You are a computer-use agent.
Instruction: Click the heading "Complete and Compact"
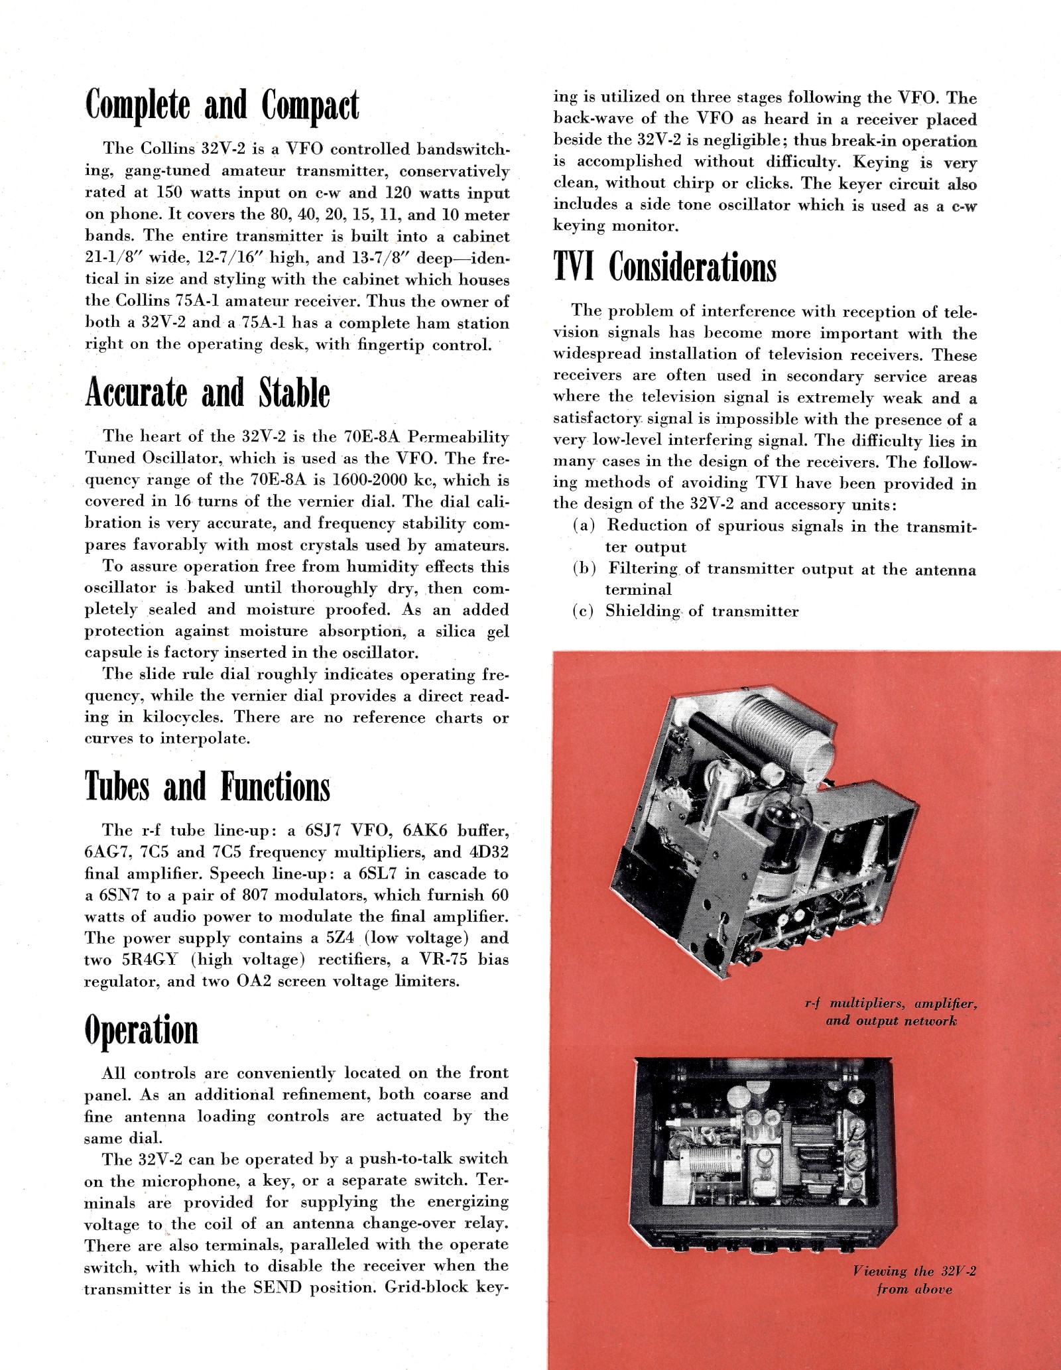[222, 105]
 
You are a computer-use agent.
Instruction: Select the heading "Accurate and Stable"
[207, 393]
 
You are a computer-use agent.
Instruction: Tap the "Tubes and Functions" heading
[207, 786]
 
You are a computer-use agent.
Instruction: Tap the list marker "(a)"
[584, 525]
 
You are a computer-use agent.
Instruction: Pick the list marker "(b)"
[584, 568]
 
